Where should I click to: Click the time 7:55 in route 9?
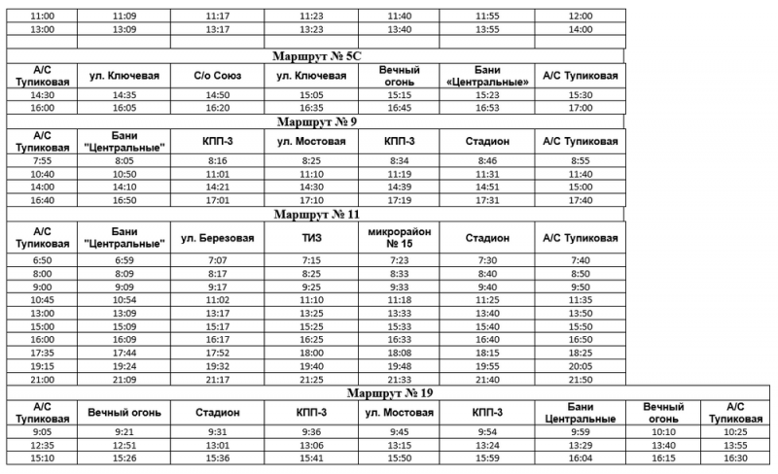coord(42,159)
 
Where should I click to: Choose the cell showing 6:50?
coord(42,261)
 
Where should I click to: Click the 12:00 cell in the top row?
coord(580,17)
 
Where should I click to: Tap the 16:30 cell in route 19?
coord(735,458)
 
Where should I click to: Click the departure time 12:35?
coord(42,445)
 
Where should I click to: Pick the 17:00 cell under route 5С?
coord(580,109)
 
